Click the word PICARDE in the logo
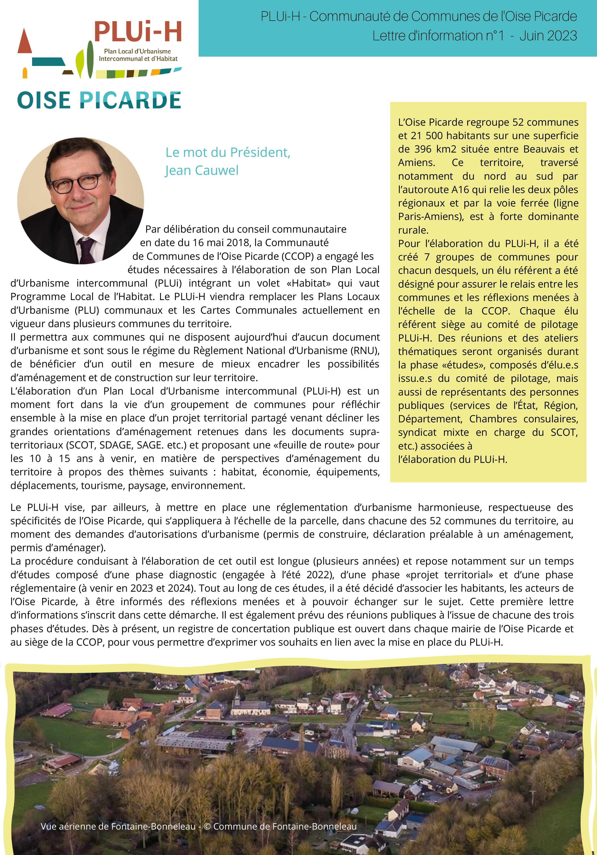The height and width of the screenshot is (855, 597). click(131, 100)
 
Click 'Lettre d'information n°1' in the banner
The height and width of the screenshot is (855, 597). click(438, 36)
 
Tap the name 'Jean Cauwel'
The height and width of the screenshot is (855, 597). click(201, 170)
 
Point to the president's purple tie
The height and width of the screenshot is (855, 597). click(86, 249)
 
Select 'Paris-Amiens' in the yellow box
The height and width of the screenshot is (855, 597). click(430, 216)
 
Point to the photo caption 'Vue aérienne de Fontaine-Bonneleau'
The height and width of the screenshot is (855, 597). click(118, 826)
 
